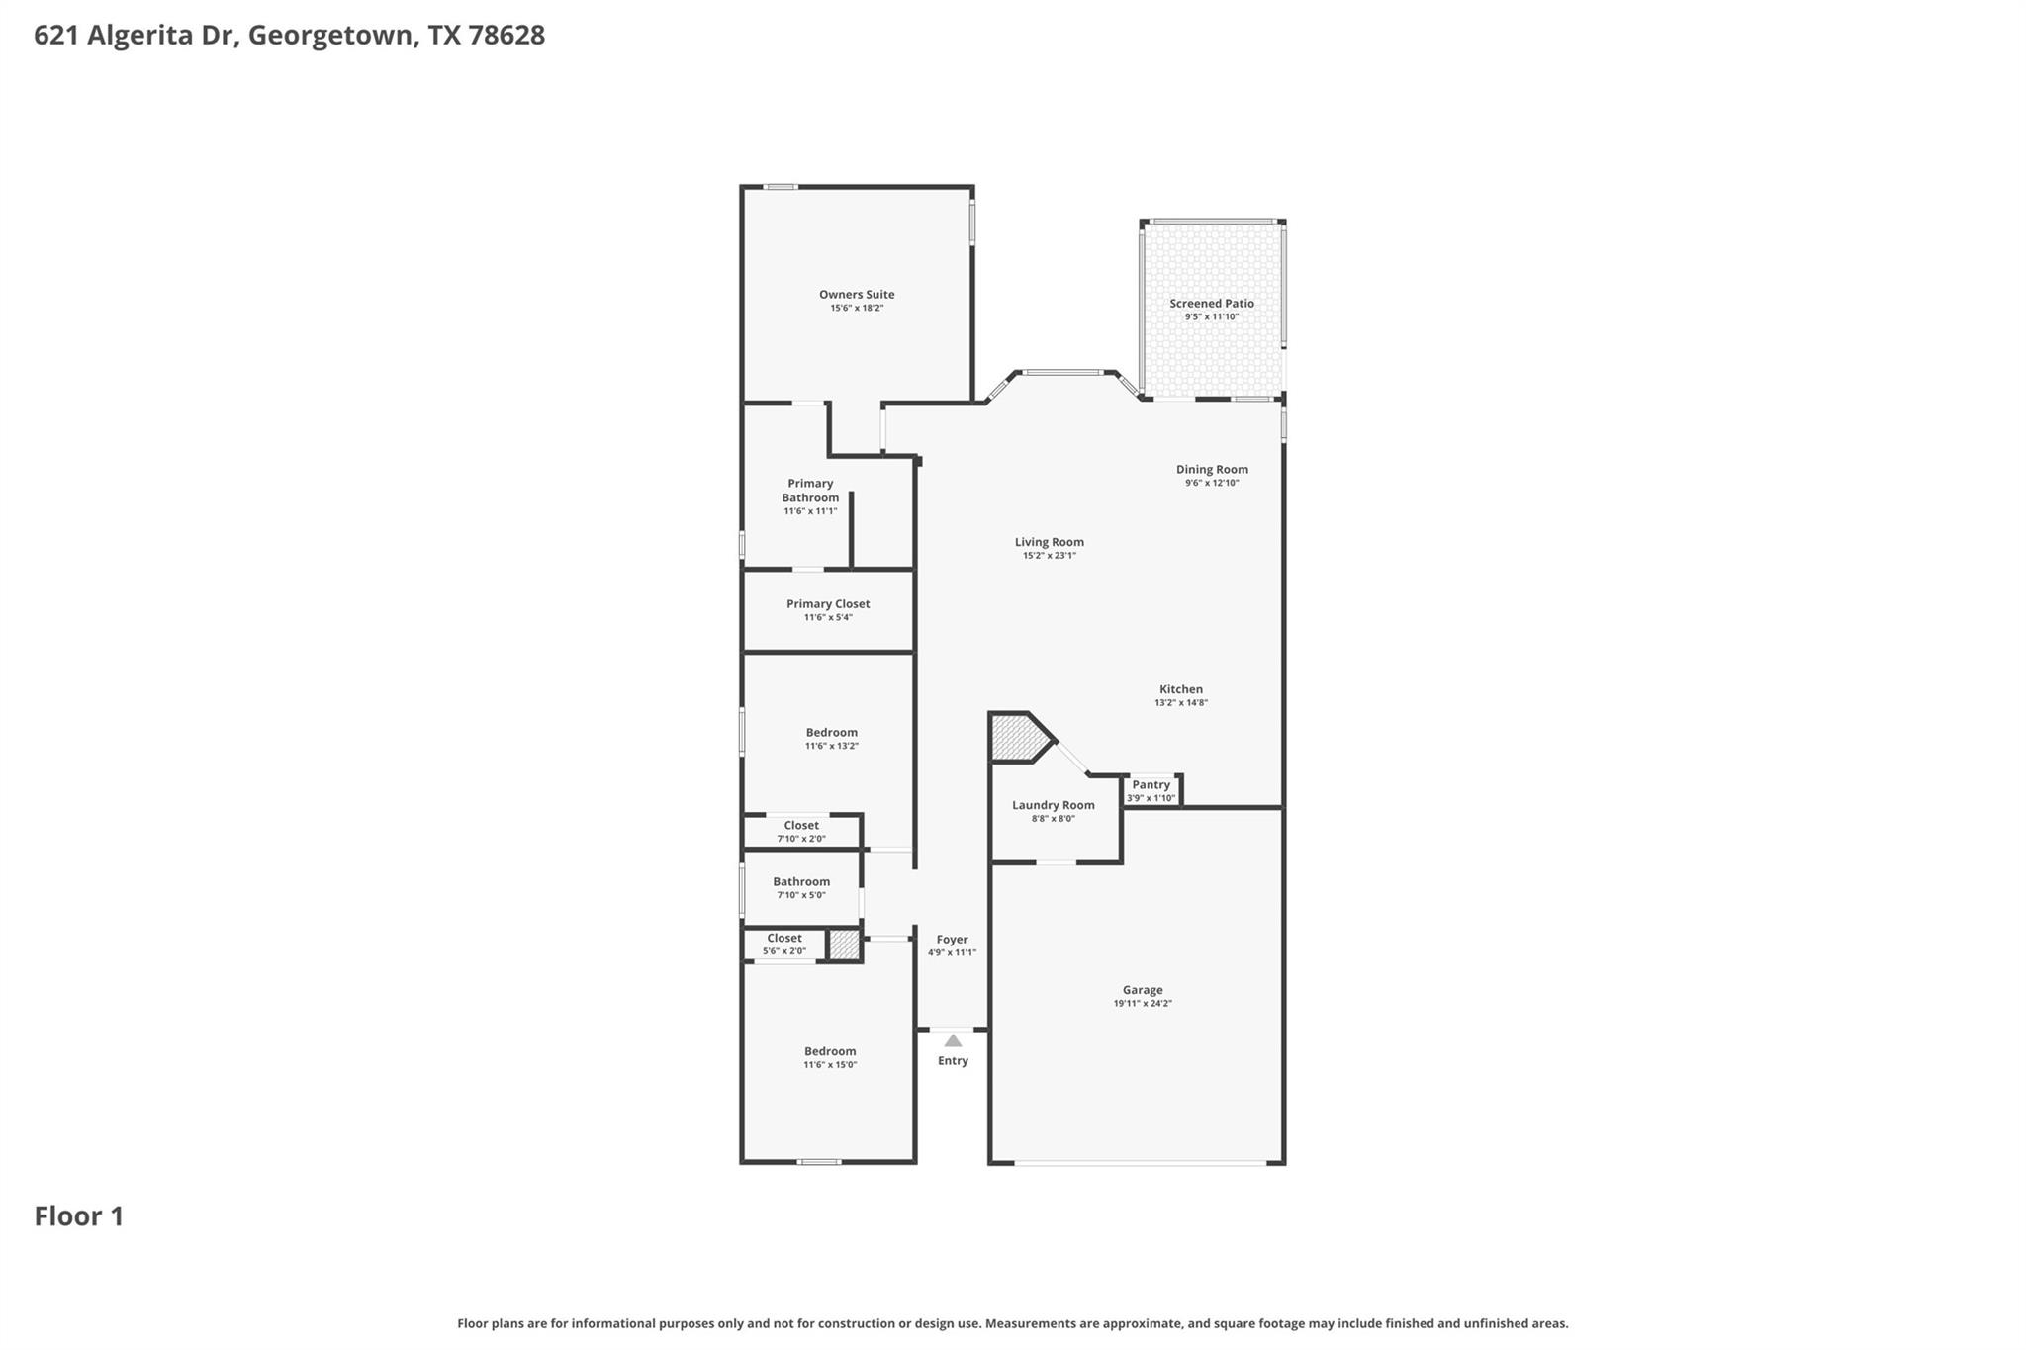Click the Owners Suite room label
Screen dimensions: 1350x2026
click(857, 294)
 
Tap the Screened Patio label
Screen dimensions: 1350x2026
click(1212, 304)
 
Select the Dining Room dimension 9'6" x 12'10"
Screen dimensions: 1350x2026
click(1212, 483)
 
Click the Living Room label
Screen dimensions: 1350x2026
click(1049, 542)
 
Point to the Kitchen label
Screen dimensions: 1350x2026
click(1181, 689)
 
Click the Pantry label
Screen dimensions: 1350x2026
click(1151, 784)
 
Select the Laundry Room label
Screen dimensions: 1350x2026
click(1053, 805)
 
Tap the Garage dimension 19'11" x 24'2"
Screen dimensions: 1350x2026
click(1143, 1003)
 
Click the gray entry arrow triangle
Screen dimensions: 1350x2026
click(953, 1041)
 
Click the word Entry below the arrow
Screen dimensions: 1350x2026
click(953, 1061)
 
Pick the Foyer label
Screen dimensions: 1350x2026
click(952, 940)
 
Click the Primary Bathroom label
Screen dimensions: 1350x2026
click(810, 491)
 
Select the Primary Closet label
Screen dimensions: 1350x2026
click(828, 603)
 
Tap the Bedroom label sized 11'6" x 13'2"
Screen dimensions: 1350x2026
click(831, 733)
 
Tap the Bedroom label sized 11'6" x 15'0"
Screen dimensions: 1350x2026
click(830, 1051)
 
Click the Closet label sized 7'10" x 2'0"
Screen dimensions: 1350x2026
click(801, 825)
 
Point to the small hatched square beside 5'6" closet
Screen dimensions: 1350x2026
click(844, 945)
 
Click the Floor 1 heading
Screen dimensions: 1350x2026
click(79, 1216)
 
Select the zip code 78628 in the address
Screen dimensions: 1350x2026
click(506, 35)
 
